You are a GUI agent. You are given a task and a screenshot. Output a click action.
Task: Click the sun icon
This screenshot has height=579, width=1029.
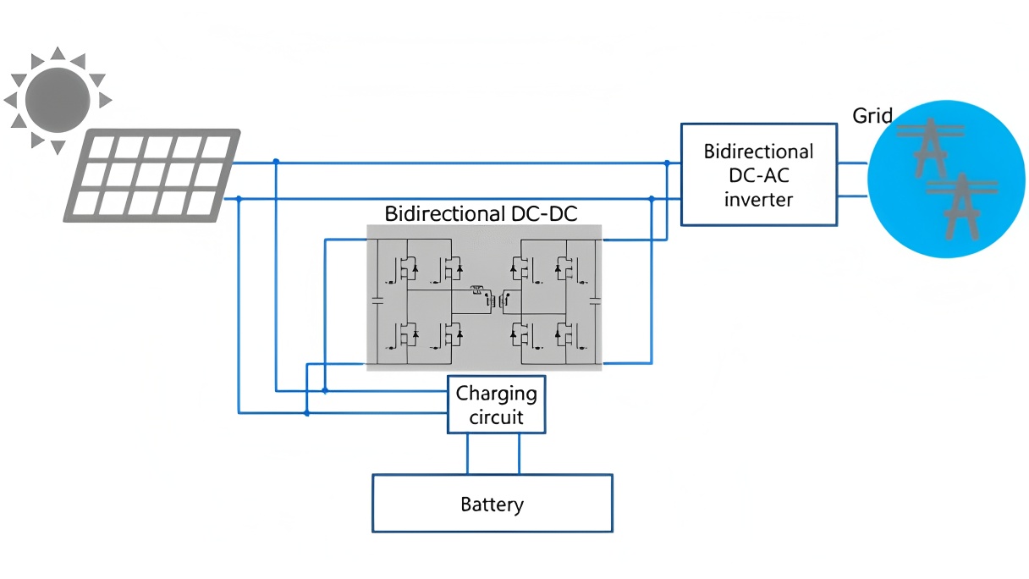pyautogui.click(x=57, y=100)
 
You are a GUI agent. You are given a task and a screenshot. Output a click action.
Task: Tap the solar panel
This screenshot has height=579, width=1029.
pyautogui.click(x=152, y=175)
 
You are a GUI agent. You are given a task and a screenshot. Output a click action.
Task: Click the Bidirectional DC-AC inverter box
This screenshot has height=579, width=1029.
pyautogui.click(x=759, y=175)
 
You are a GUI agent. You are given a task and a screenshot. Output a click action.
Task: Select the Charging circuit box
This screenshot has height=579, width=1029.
pyautogui.click(x=496, y=405)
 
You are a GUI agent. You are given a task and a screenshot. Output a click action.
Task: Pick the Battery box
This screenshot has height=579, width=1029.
pyautogui.click(x=492, y=504)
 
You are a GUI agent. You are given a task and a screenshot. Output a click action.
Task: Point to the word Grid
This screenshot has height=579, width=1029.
pyautogui.click(x=872, y=115)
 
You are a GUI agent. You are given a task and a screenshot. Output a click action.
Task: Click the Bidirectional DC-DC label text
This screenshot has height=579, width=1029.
pyautogui.click(x=481, y=213)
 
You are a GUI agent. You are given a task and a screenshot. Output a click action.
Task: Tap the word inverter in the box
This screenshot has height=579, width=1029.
pyautogui.click(x=758, y=200)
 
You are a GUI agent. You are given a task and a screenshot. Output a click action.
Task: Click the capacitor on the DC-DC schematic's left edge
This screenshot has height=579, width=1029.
pyautogui.click(x=377, y=300)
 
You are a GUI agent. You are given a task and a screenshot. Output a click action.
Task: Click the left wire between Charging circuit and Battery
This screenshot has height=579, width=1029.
pyautogui.click(x=467, y=454)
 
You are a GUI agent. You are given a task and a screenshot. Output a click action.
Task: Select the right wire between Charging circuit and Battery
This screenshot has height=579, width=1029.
pyautogui.click(x=519, y=454)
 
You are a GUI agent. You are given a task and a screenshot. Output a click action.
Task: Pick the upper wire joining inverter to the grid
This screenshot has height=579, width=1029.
pyautogui.click(x=852, y=163)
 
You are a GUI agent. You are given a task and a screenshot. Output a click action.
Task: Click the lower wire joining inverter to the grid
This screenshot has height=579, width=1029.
pyautogui.click(x=852, y=196)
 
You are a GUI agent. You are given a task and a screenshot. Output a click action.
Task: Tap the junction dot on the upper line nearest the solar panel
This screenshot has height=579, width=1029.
pyautogui.click(x=276, y=162)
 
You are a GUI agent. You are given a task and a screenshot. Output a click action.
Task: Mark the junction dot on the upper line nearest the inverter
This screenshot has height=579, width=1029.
pyautogui.click(x=667, y=163)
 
